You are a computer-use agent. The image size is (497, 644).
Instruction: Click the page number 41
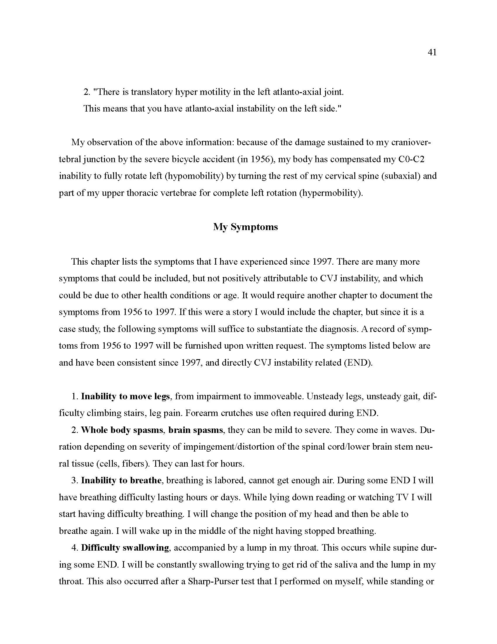point(432,52)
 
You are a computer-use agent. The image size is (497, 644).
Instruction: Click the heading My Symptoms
point(245,227)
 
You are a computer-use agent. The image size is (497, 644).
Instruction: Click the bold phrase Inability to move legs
point(125,396)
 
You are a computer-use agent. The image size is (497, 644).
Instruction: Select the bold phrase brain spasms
point(196,430)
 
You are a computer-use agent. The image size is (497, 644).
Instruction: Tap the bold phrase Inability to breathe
point(121,480)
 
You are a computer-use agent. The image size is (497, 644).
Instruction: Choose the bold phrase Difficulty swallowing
point(125,548)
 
